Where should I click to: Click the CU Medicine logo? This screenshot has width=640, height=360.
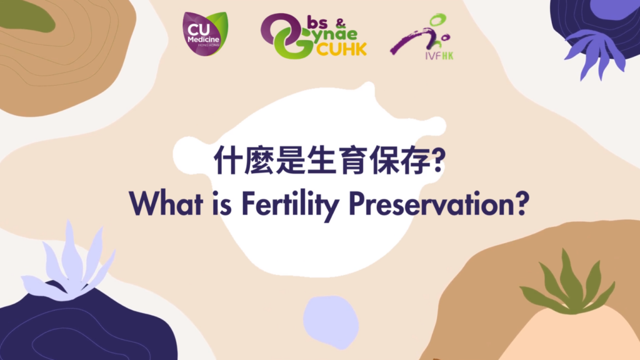(x=205, y=34)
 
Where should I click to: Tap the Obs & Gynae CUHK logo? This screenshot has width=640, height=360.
(x=314, y=36)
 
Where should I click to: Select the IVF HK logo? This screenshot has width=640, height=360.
(x=422, y=37)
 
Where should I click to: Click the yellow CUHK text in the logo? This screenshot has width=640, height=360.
(x=341, y=49)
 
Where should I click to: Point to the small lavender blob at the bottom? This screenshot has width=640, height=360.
(x=331, y=322)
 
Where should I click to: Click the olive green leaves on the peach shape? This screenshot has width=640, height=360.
(x=567, y=283)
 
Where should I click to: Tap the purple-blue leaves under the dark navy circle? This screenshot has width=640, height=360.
(x=595, y=54)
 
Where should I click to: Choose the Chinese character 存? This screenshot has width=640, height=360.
(x=415, y=159)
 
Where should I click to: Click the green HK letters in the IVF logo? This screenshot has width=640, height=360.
(x=447, y=56)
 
